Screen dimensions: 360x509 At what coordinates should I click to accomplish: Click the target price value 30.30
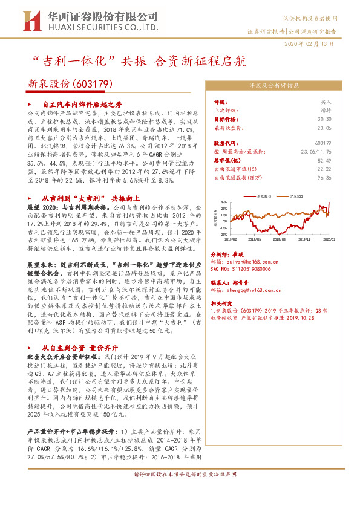pos(325,120)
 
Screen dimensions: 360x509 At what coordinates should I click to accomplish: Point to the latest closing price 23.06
pos(325,128)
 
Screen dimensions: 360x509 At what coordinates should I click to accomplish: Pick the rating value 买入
pos(326,103)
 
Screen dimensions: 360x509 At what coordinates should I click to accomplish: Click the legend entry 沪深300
pos(296,197)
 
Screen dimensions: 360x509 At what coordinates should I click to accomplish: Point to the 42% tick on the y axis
pos(224,202)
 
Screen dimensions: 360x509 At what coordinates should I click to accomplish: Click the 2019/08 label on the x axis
pos(279,240)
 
